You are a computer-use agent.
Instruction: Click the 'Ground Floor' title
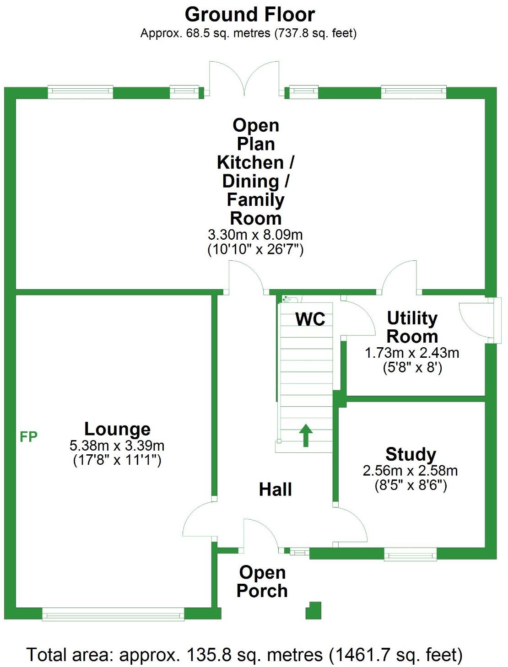(249, 15)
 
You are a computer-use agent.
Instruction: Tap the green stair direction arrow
(305, 435)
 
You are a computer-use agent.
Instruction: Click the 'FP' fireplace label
(28, 437)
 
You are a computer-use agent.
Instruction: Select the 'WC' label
(310, 319)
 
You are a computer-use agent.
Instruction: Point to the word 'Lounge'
(117, 429)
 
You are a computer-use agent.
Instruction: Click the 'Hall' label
(275, 489)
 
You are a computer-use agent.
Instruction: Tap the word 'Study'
(411, 454)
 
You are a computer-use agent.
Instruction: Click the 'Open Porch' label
(262, 581)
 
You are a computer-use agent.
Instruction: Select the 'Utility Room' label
(412, 327)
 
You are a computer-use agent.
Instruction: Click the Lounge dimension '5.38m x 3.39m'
(117, 445)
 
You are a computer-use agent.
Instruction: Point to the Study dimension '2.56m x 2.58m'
(411, 470)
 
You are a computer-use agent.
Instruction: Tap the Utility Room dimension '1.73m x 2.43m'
(412, 353)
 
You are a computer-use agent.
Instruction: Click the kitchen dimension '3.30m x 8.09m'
(255, 235)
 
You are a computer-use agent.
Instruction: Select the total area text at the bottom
(244, 655)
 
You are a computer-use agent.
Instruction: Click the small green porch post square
(314, 610)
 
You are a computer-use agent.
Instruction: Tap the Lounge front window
(113, 613)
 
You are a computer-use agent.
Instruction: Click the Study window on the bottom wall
(410, 554)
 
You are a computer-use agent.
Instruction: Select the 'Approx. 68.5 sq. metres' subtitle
(249, 33)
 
